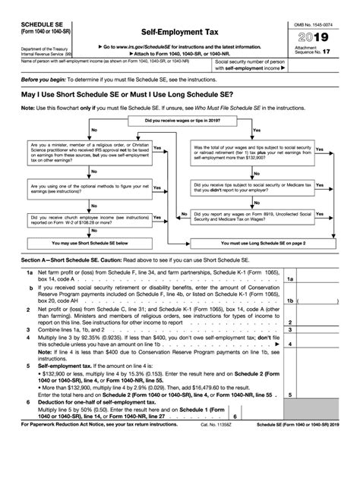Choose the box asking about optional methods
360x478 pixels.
[x=78, y=209]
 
